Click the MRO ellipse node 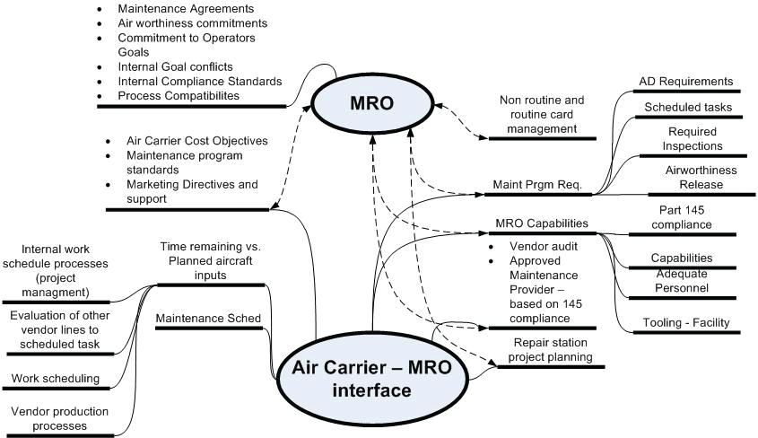(x=370, y=103)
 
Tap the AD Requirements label (x=685, y=82)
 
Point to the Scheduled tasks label (x=688, y=107)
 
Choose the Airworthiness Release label (x=688, y=178)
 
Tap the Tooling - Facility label (x=685, y=322)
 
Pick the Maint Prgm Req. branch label (x=537, y=186)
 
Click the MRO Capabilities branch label (x=541, y=223)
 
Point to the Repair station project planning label (x=552, y=350)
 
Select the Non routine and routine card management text (x=541, y=115)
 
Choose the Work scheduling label (x=55, y=378)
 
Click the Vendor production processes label (x=59, y=418)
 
